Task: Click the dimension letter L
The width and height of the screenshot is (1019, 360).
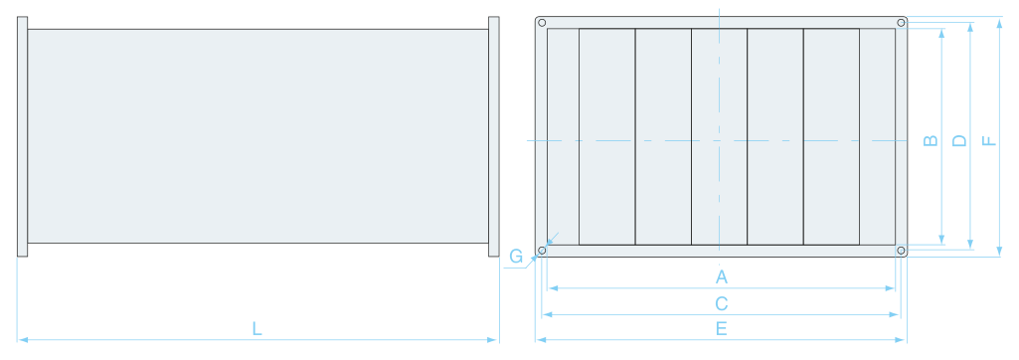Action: coord(257,329)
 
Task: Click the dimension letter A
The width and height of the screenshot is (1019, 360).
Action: coord(722,277)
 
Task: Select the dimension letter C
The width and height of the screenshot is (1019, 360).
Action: coord(722,303)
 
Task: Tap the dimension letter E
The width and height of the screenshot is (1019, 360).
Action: coord(722,329)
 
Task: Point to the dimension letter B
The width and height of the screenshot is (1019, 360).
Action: coord(931,140)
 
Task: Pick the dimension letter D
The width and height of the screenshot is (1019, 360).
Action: coord(959,140)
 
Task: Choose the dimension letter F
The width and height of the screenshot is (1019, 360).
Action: coord(988,140)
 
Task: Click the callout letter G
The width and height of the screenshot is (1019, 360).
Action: coord(516,256)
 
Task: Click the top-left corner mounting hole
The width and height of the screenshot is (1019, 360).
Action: coord(542,23)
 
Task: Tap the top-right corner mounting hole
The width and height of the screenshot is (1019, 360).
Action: coord(901,23)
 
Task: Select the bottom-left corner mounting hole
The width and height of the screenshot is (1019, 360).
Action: coord(542,251)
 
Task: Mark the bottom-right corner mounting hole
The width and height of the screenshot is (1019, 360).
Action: coord(901,251)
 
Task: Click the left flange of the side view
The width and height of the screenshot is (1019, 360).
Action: coord(22,136)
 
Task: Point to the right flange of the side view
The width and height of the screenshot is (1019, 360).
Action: coord(494,136)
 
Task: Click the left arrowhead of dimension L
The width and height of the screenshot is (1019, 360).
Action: coord(23,340)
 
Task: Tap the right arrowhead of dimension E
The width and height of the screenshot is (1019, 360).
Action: coord(901,340)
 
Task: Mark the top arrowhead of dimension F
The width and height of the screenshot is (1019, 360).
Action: coord(999,22)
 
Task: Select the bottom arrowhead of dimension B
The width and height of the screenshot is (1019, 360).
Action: coord(941,240)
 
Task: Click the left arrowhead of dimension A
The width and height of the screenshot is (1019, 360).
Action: coord(553,287)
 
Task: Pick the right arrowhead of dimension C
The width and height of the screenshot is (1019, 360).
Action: coord(895,314)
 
